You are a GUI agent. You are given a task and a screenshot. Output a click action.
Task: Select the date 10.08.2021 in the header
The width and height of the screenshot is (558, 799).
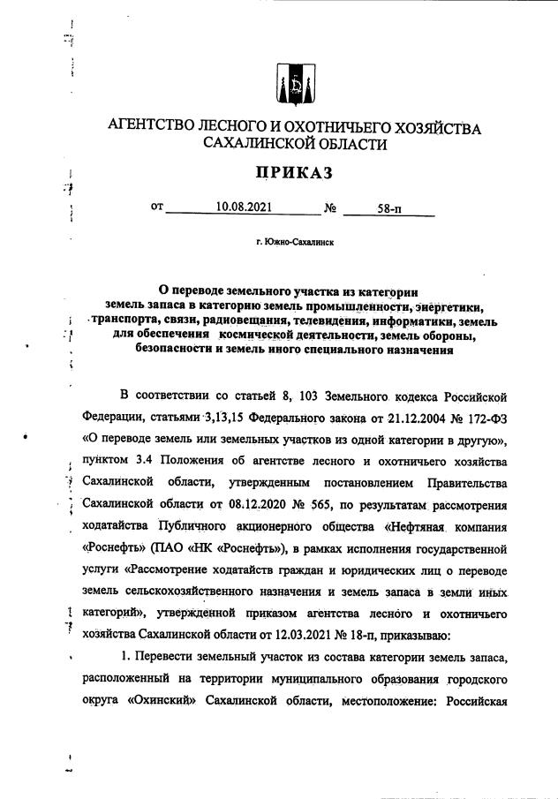[x=243, y=208]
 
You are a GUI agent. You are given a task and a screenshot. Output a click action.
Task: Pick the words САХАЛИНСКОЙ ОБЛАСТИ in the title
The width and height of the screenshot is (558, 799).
[x=294, y=145]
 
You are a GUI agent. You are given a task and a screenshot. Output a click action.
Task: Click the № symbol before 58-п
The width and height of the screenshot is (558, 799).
[x=332, y=208]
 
